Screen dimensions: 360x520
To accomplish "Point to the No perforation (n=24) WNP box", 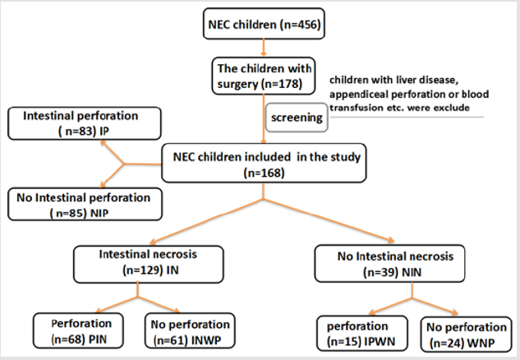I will pyautogui.click(x=463, y=330).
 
